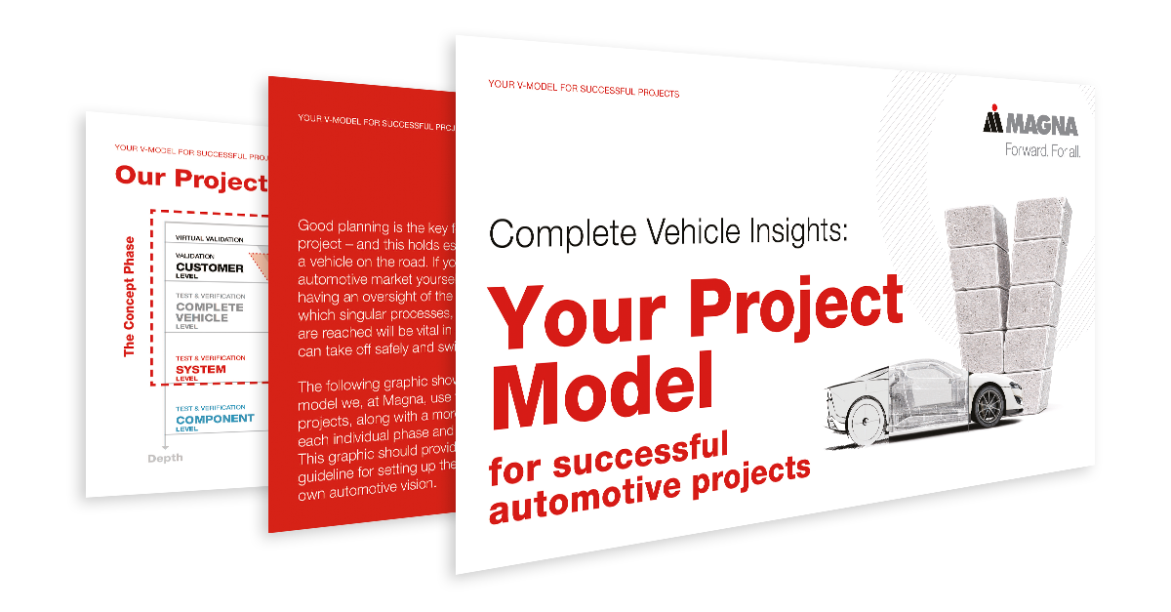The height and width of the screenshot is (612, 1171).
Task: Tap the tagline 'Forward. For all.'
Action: [x=1042, y=150]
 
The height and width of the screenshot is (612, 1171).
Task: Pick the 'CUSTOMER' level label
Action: [x=209, y=267]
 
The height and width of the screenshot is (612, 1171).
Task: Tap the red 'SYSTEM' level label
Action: [x=200, y=370]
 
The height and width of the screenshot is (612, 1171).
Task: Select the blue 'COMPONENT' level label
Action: [x=215, y=419]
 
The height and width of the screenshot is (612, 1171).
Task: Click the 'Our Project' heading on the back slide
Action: [x=190, y=179]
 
